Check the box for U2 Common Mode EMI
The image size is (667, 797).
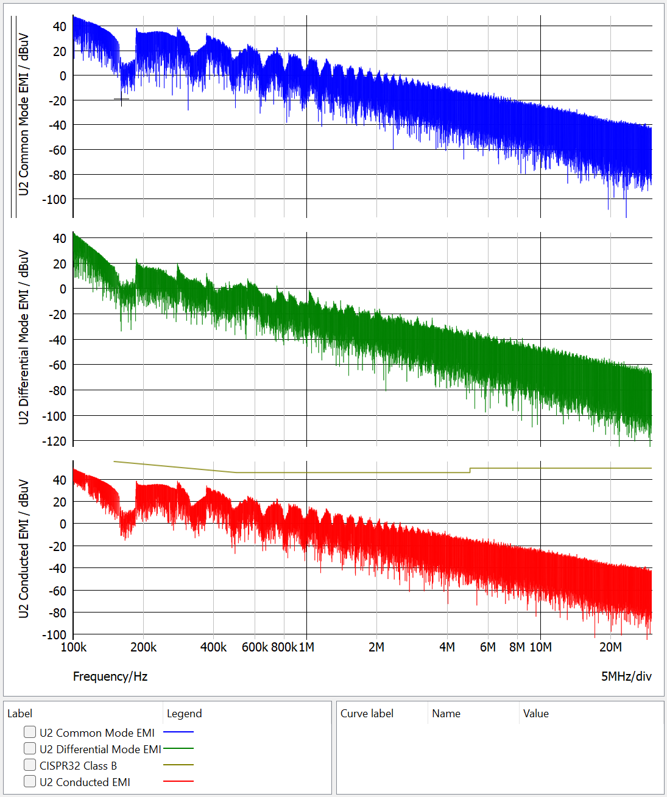[x=30, y=732]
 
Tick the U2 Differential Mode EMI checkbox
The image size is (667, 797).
[x=30, y=748]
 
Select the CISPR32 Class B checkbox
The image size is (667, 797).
[x=30, y=765]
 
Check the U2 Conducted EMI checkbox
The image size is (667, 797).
[x=30, y=781]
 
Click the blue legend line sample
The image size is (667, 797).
[x=178, y=732]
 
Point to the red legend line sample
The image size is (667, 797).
[x=178, y=781]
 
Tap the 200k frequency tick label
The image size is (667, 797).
[x=143, y=647]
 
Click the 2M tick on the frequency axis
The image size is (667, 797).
[x=376, y=647]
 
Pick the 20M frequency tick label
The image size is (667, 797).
[x=610, y=647]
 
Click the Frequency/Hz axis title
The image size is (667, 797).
[x=110, y=676]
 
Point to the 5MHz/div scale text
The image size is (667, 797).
[x=626, y=676]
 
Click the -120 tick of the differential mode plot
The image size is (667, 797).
[x=55, y=441]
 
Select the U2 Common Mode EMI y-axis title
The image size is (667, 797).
[x=24, y=114]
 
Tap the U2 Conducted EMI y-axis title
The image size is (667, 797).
[x=24, y=549]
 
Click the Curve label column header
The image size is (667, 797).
[x=367, y=714]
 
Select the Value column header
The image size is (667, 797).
[x=535, y=714]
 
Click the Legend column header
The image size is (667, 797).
[x=184, y=714]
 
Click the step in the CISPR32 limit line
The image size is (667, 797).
[x=470, y=470]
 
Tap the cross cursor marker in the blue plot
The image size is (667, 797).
[x=121, y=99]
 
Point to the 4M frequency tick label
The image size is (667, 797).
[x=447, y=647]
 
